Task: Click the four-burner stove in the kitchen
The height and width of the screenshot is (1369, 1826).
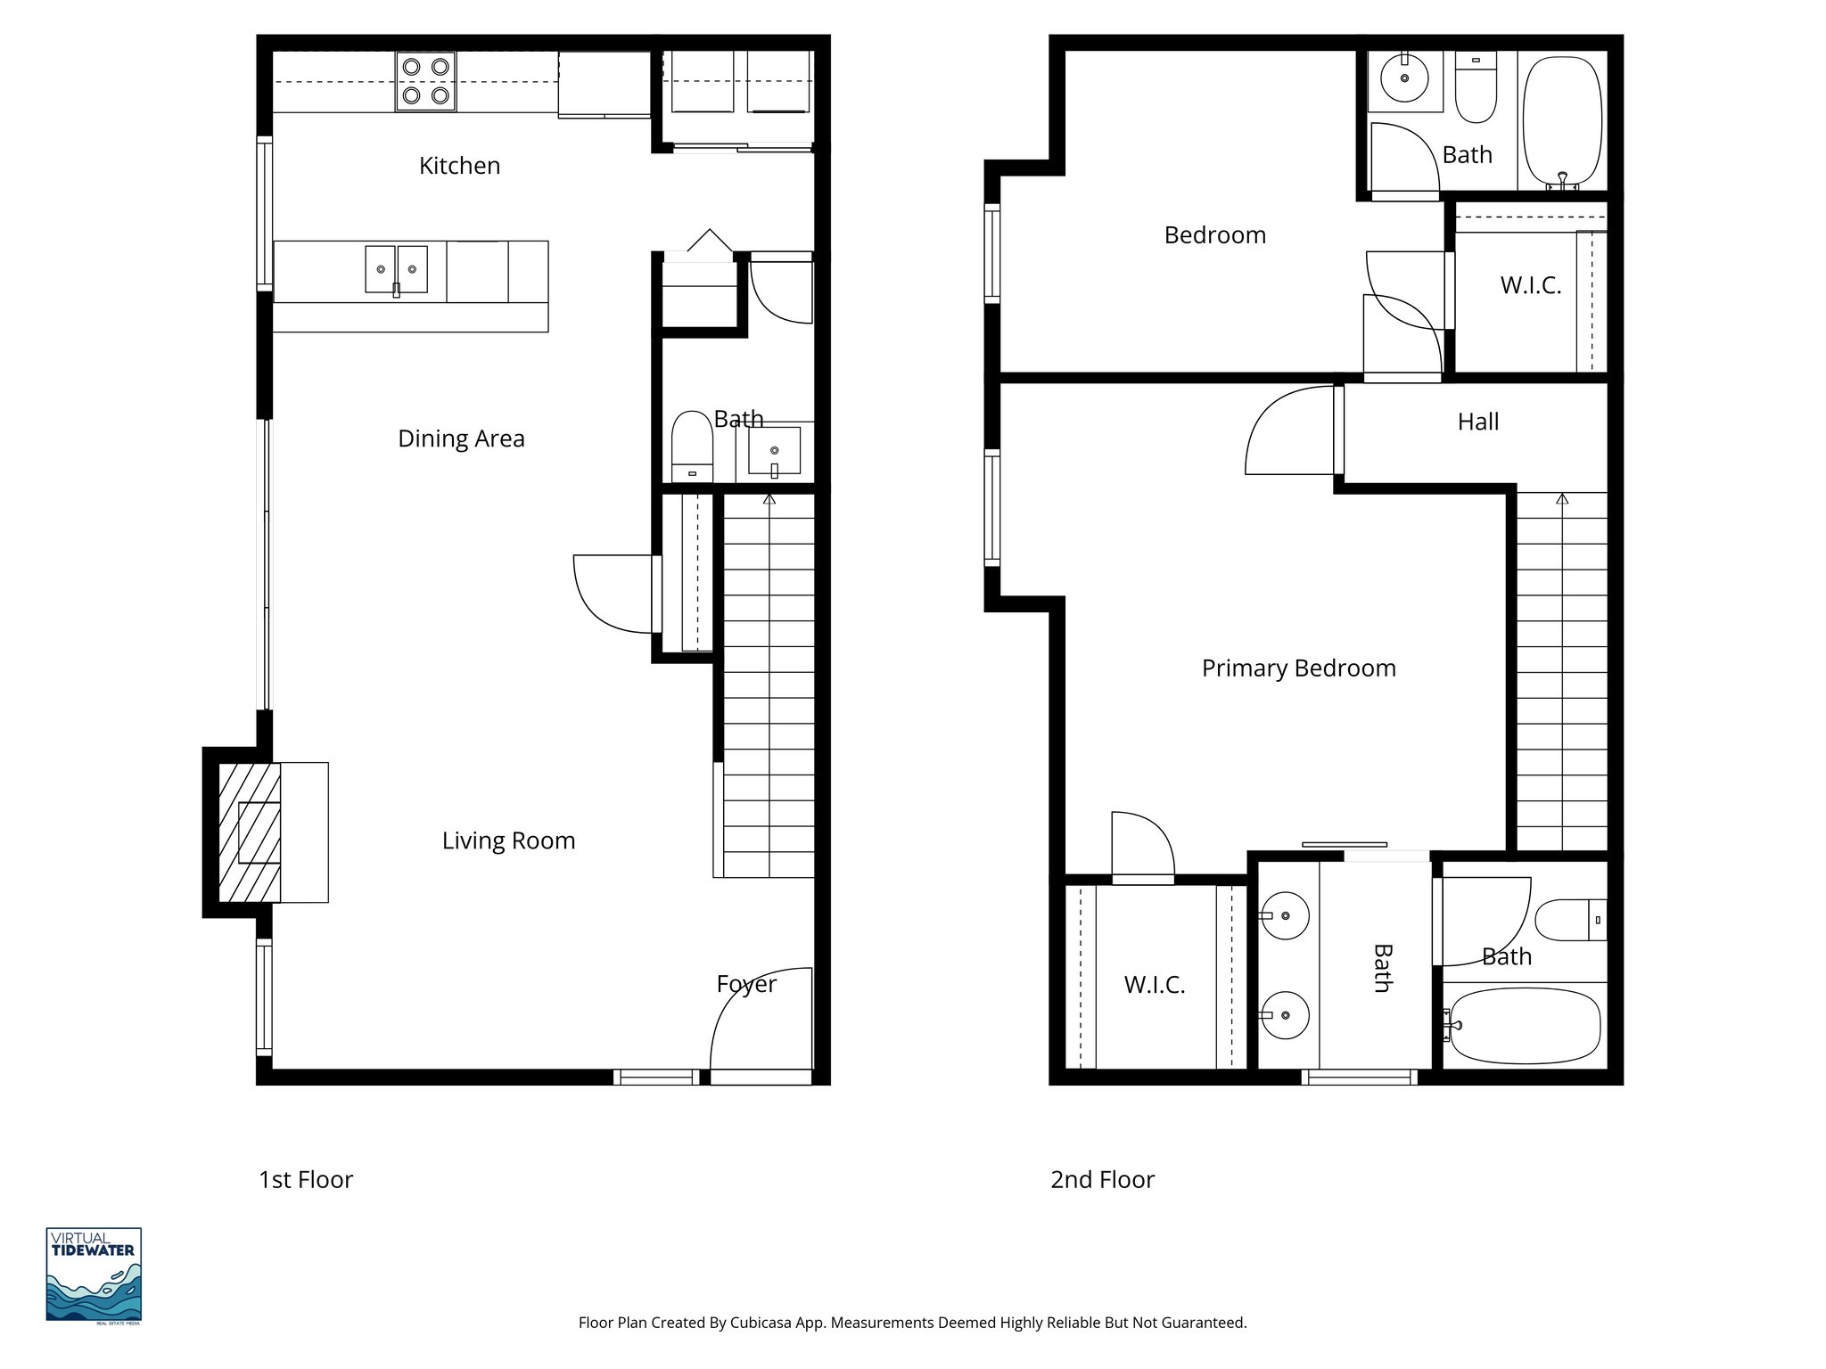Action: coord(425,80)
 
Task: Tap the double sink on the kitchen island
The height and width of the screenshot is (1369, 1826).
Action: coord(396,269)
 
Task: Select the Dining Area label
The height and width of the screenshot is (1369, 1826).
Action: coord(461,439)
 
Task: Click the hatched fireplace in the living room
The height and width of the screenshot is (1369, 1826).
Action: coord(250,832)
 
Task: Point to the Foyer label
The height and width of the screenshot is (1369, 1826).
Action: coord(746,984)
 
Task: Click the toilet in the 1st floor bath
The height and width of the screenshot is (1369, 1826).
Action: coord(692,446)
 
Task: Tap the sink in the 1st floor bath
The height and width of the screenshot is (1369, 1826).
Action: coord(774,451)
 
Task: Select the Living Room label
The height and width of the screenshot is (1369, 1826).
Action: coord(508,840)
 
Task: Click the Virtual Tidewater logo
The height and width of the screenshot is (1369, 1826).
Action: coord(94,1275)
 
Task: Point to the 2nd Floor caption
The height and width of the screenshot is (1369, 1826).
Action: coord(1102,1179)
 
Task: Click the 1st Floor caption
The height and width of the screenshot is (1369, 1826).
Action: coord(306,1179)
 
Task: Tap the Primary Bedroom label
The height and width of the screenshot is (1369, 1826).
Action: coord(1298,668)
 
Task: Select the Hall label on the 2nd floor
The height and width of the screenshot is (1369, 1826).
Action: coord(1477,422)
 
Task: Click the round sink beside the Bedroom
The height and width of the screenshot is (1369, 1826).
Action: coord(1404,78)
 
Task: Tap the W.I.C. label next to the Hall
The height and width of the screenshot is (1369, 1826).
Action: coord(1530,285)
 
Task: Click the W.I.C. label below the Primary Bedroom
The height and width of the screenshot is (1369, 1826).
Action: coord(1154,985)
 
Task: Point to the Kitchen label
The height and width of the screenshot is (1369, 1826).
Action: coord(459,166)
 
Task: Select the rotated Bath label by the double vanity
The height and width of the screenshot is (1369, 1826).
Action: coord(1382,968)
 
